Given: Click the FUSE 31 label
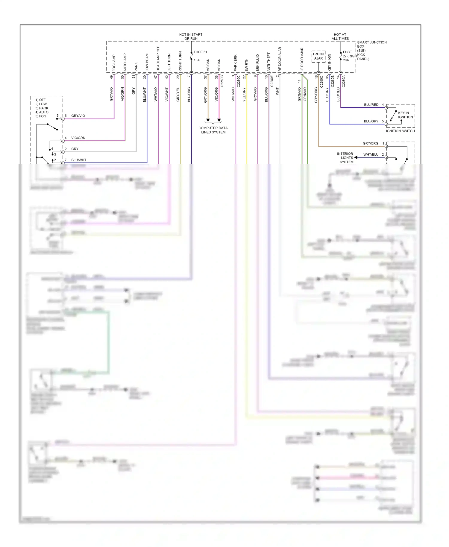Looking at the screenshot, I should point(200,52).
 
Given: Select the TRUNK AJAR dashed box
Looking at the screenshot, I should point(318,56).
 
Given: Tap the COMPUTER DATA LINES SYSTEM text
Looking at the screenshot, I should point(213,130).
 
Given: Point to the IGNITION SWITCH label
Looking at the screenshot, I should point(400,131).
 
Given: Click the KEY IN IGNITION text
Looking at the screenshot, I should point(405,115).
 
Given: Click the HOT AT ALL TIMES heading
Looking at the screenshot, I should point(340,37).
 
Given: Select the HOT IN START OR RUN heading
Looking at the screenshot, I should point(191,37).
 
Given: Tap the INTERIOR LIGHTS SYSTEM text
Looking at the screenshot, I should point(346,158).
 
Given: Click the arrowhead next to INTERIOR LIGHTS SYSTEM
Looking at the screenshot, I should point(356,157).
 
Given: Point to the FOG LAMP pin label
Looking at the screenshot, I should point(114,63).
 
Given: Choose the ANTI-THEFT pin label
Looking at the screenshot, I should point(269,62).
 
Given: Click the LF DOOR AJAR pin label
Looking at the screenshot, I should point(302,60).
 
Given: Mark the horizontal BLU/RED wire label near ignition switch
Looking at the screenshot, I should point(371,105).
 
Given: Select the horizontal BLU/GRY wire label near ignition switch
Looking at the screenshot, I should point(371,121).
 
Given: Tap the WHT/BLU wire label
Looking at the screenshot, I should point(371,154).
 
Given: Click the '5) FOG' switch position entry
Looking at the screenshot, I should point(41,116).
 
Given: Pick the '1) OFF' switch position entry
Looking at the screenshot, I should point(41,100).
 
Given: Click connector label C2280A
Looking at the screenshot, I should point(344,81).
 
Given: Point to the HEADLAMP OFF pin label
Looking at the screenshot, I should point(158,59).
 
